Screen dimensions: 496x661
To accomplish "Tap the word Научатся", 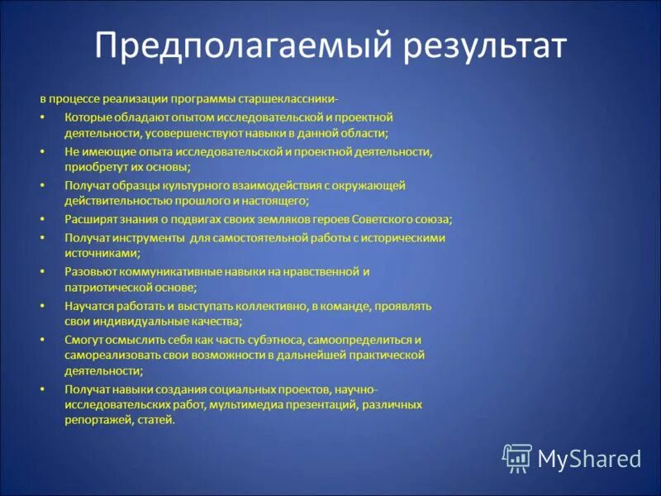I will pyautogui.click(x=90, y=306).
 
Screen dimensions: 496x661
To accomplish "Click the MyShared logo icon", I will pyautogui.click(x=517, y=457).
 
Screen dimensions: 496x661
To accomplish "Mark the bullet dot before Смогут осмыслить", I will pyautogui.click(x=42, y=340).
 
